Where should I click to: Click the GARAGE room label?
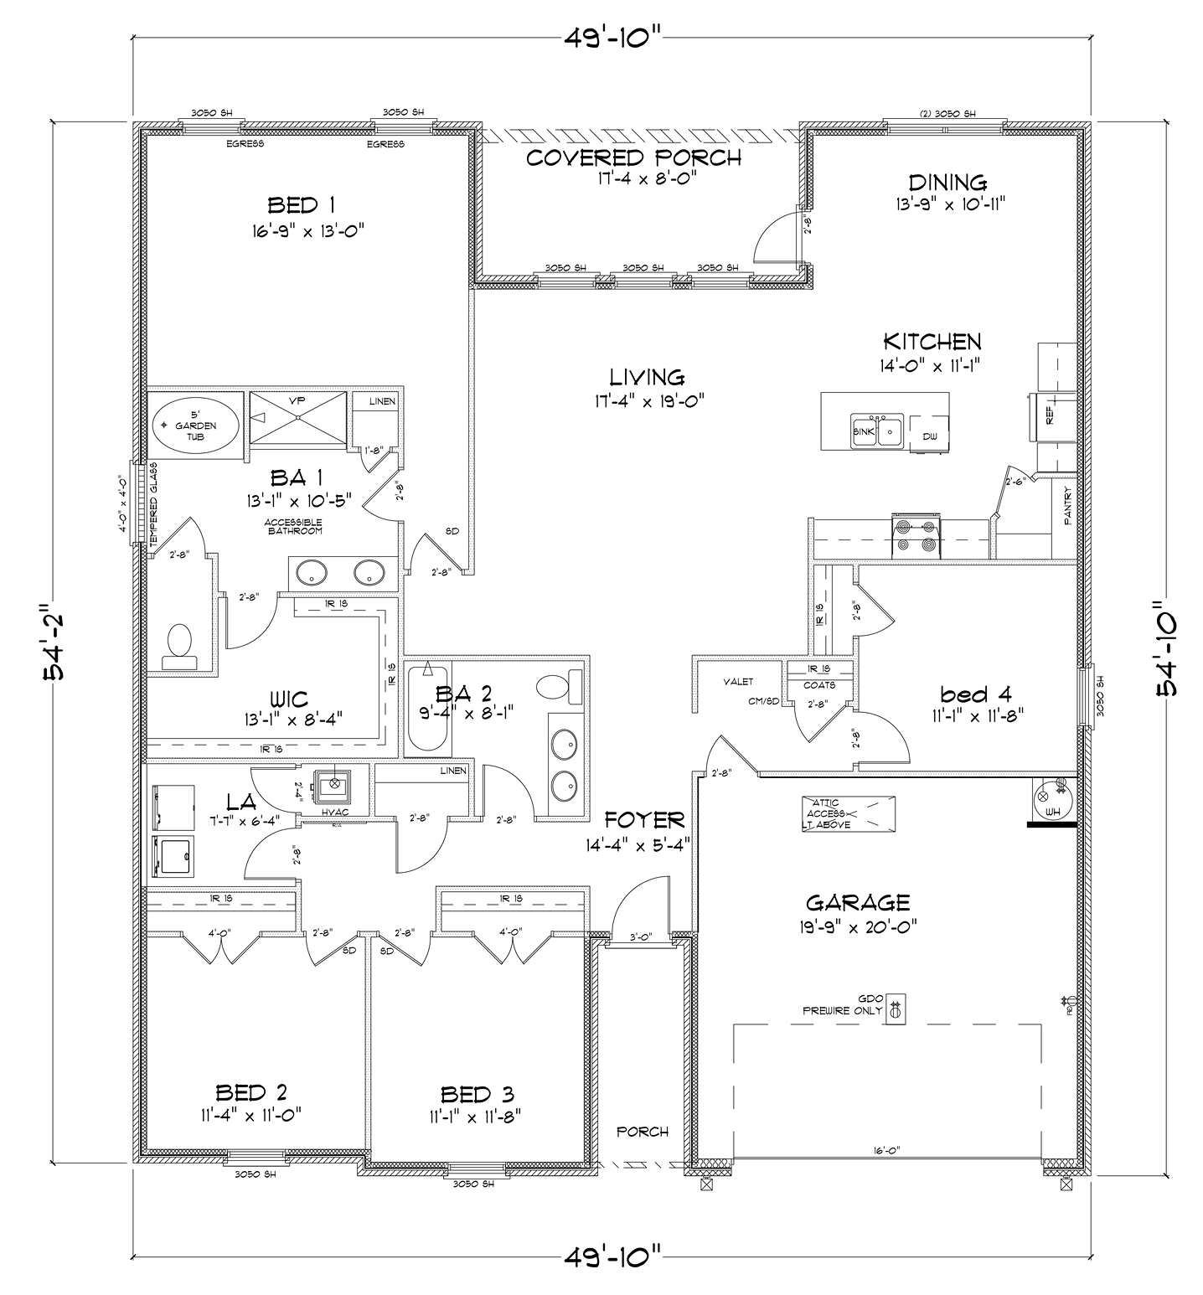click(x=857, y=902)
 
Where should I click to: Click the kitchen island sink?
click(x=876, y=431)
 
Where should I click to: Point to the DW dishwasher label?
click(x=930, y=436)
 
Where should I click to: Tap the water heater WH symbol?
click(x=1051, y=803)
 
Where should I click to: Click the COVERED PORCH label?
click(x=633, y=157)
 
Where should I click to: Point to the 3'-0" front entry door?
click(x=641, y=938)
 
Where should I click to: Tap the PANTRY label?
click(x=1067, y=507)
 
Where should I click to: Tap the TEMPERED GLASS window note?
click(x=153, y=503)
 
